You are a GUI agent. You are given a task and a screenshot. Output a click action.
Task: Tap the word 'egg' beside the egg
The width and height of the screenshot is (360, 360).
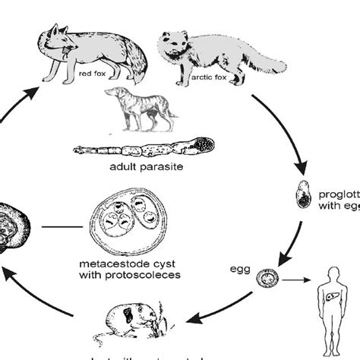(x=239, y=267)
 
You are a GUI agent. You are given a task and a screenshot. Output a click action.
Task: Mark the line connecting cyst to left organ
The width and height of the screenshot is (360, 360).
(x=59, y=226)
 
